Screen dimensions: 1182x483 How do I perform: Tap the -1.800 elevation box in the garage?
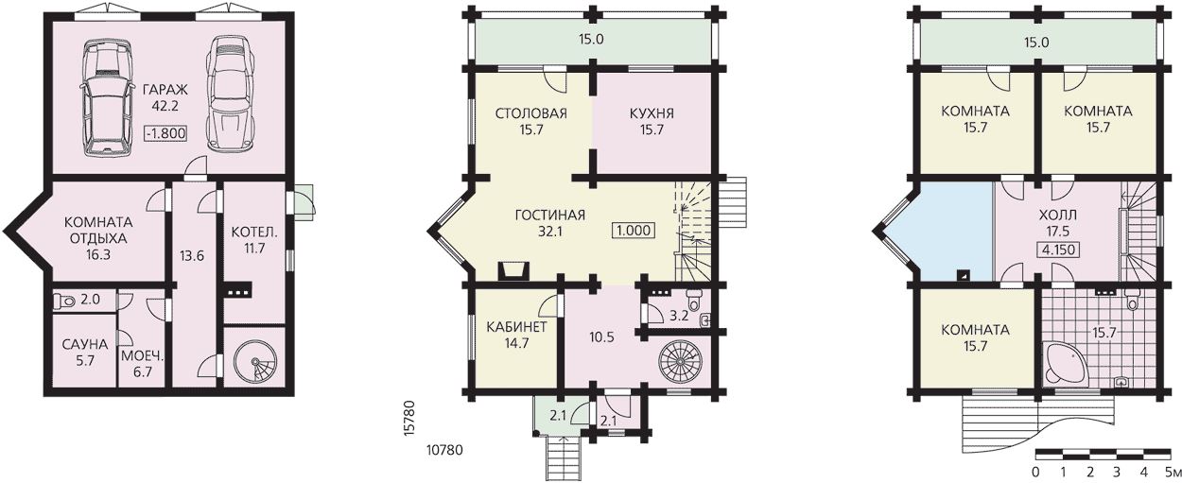(x=165, y=133)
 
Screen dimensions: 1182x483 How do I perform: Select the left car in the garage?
(x=107, y=97)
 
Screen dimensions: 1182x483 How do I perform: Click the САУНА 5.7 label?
(x=85, y=353)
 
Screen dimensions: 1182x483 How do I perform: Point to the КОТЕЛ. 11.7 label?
(x=254, y=240)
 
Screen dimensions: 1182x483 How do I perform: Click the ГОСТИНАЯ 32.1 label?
(x=550, y=223)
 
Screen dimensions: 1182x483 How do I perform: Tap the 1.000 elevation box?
(x=634, y=231)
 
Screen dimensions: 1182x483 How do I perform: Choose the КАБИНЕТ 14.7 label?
(x=516, y=335)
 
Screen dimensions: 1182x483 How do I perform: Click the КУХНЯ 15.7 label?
(x=652, y=122)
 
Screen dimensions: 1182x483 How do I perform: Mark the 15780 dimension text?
(x=411, y=418)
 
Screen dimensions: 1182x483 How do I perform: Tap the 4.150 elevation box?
(x=1059, y=250)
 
